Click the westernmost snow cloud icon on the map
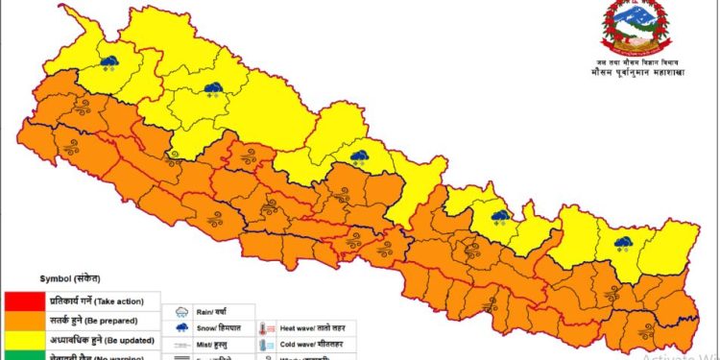pyautogui.click(x=109, y=63)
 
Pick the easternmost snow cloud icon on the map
pyautogui.click(x=623, y=243)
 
